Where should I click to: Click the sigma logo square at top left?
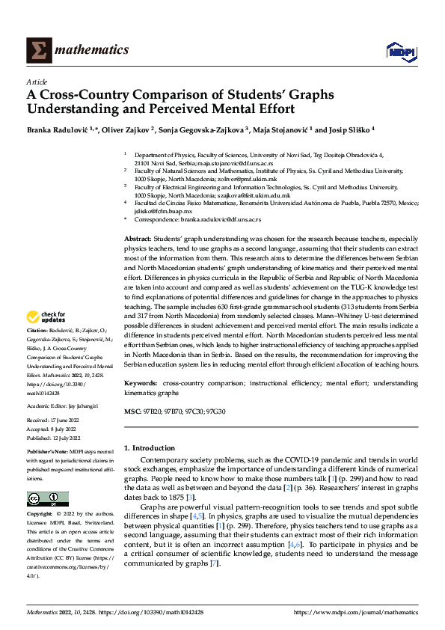[37, 50]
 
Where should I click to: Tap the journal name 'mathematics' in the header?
[92, 50]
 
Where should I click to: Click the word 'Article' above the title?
[37, 82]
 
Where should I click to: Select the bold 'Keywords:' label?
[141, 383]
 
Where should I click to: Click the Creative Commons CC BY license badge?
[47, 499]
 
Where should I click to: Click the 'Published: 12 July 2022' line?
[53, 438]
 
